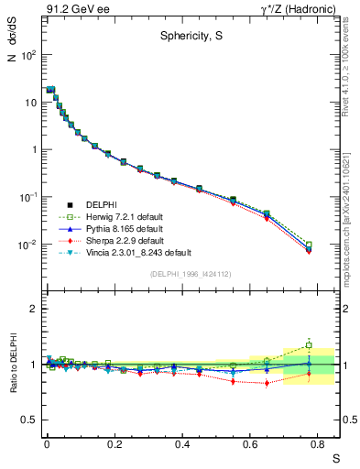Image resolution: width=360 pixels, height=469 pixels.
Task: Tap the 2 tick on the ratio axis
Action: [32, 309]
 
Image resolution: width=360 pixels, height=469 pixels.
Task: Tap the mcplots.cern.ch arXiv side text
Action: [351, 202]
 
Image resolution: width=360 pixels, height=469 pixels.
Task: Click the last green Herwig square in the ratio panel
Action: [309, 345]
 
